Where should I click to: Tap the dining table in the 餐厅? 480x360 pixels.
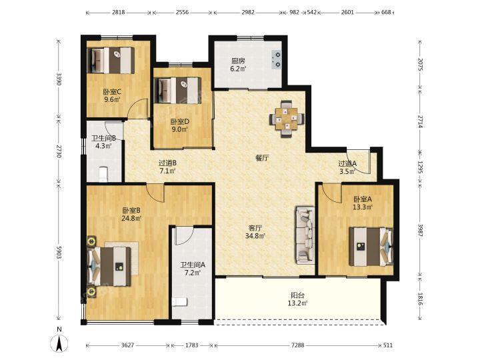tap(287, 119)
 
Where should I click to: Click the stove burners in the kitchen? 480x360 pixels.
tap(277, 59)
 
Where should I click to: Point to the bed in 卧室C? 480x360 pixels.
tap(111, 60)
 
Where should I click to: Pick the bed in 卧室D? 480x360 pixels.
tap(177, 90)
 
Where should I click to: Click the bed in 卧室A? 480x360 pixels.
tap(371, 246)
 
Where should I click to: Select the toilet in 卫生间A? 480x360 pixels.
tap(180, 302)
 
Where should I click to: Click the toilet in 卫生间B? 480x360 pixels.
tap(104, 174)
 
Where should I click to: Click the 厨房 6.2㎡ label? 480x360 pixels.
tap(239, 65)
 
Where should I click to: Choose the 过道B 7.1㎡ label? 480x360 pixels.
tap(167, 167)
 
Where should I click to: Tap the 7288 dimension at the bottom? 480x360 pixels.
tap(297, 345)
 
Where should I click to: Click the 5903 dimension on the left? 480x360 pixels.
tap(59, 252)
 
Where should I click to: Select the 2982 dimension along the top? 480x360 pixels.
tap(247, 13)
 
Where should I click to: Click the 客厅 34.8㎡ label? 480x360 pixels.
tap(255, 232)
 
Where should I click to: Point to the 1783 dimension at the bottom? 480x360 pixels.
tap(191, 345)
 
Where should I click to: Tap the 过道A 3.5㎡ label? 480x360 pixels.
tap(347, 167)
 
